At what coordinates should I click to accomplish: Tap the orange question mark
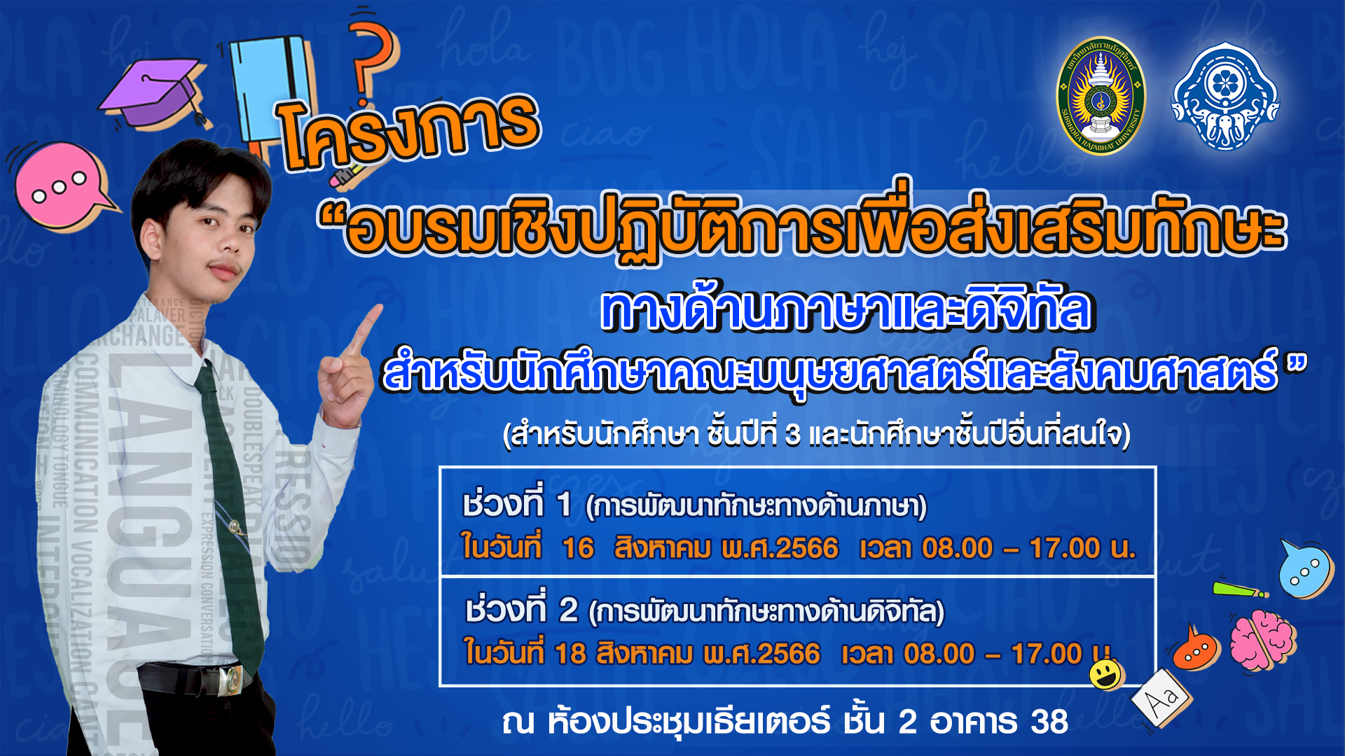371,59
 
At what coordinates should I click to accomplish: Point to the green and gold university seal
1101,96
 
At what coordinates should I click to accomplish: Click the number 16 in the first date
578,548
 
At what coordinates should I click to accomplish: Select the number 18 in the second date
570,654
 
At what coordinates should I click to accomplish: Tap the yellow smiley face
1106,675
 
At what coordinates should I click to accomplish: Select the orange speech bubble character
1196,650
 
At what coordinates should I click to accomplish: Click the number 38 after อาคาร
1049,722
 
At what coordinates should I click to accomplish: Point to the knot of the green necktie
206,379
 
